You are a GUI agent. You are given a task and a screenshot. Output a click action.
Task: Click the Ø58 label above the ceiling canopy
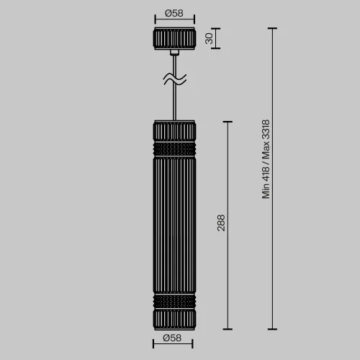(173, 14)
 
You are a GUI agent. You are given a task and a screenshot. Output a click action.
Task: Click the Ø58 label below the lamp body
(173, 336)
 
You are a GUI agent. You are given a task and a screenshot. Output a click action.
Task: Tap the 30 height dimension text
(209, 39)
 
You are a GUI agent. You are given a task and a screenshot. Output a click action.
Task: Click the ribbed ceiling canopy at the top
(174, 39)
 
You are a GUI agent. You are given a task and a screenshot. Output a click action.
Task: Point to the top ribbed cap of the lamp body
(174, 130)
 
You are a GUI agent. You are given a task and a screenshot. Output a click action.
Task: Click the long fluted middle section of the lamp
(174, 223)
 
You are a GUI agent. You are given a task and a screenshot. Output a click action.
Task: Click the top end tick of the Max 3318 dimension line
(272, 29)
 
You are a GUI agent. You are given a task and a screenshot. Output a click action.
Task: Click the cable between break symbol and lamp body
(174, 101)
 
